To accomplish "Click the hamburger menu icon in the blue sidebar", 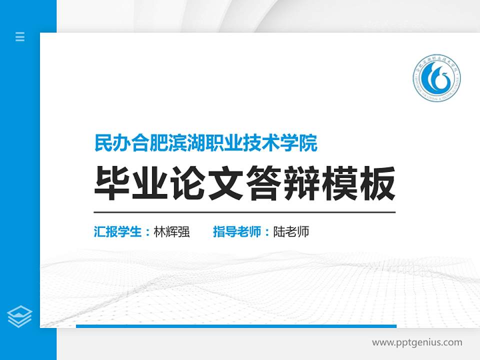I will click(20, 36).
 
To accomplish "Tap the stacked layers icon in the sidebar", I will click(20, 316).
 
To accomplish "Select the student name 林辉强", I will click(172, 232).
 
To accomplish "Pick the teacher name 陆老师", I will click(291, 232).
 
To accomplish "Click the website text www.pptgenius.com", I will click(417, 342).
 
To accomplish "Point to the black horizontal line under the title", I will click(244, 212).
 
